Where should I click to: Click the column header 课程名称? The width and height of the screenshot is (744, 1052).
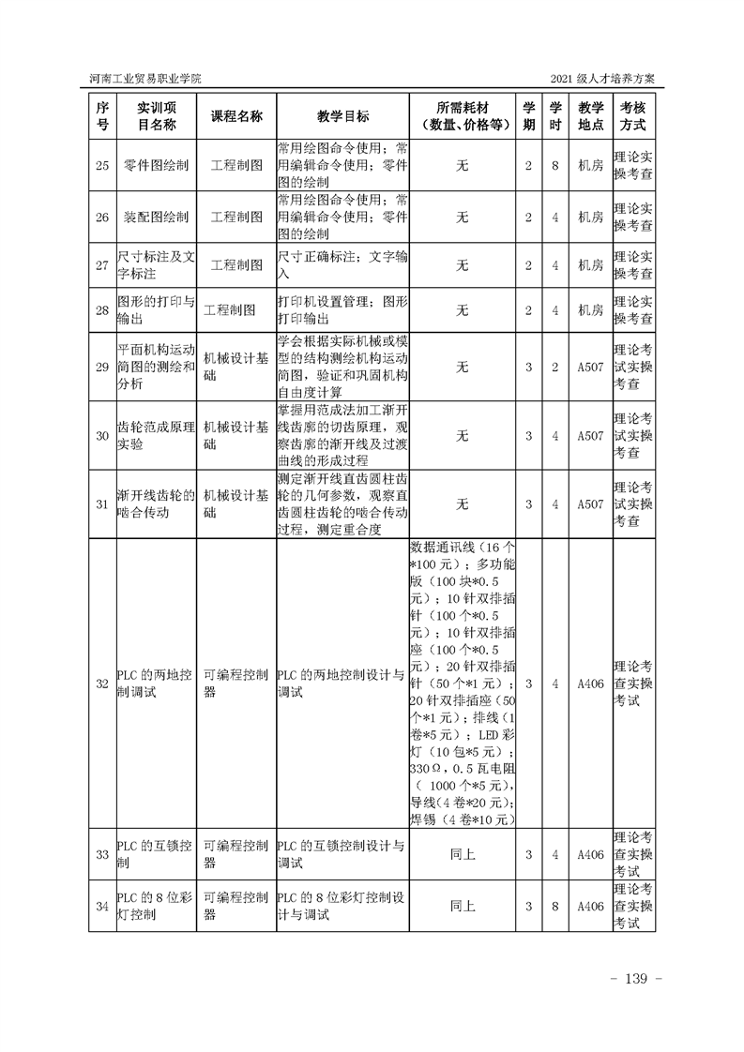click(235, 116)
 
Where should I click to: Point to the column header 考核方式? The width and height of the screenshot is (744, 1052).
click(633, 116)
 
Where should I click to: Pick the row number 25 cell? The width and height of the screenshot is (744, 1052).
click(102, 166)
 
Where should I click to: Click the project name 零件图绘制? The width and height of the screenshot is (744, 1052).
click(156, 166)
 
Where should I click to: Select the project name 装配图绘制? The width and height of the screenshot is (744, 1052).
click(156, 218)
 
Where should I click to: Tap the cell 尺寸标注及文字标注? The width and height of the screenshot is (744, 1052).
click(156, 264)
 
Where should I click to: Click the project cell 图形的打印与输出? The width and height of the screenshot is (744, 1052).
click(156, 310)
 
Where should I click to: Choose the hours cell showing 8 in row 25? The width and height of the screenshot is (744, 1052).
click(555, 166)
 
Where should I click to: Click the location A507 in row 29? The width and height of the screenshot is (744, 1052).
click(590, 367)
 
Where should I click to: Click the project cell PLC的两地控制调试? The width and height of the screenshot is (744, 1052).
click(156, 684)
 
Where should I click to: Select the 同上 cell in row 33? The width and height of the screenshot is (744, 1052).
click(462, 854)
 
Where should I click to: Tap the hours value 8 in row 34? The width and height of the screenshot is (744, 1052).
click(555, 907)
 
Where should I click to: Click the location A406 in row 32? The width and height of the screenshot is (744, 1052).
click(590, 684)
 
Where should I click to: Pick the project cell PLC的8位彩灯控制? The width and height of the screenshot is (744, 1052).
click(156, 907)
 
